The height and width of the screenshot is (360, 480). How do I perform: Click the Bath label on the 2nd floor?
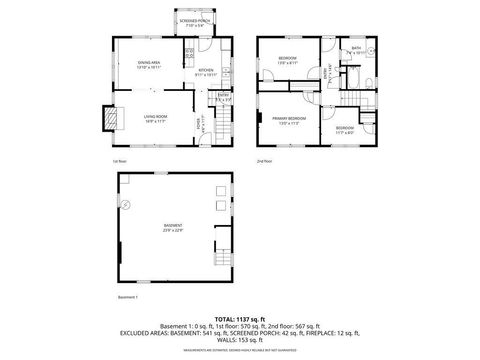pos(356,51)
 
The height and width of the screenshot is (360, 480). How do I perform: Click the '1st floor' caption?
pos(119,161)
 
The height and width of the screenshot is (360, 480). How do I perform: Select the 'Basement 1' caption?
pos(128,298)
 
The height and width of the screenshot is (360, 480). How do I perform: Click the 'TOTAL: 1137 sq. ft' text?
pos(240,318)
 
